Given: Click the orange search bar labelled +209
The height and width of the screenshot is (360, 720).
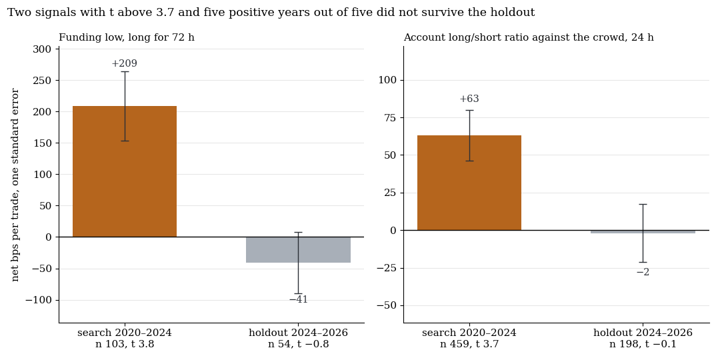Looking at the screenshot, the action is pyautogui.click(x=125, y=172).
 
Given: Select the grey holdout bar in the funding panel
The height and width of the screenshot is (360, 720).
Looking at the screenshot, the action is pyautogui.click(x=298, y=250).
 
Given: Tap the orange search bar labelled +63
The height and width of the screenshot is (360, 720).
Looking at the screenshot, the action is pyautogui.click(x=469, y=183).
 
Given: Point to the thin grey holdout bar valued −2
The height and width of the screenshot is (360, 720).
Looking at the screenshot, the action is pyautogui.click(x=643, y=231).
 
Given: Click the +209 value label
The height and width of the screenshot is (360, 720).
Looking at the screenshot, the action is pyautogui.click(x=125, y=63).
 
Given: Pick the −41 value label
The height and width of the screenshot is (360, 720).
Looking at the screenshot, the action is pyautogui.click(x=299, y=299).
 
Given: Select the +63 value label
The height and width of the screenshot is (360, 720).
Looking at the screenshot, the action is pyautogui.click(x=469, y=99).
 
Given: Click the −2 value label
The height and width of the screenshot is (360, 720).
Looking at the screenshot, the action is pyautogui.click(x=643, y=272).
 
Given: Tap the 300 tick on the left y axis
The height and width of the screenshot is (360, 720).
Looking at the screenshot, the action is pyautogui.click(x=43, y=49).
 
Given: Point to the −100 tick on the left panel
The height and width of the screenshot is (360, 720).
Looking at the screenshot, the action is pyautogui.click(x=39, y=300).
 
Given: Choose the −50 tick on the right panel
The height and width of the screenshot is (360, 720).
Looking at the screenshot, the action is pyautogui.click(x=387, y=305).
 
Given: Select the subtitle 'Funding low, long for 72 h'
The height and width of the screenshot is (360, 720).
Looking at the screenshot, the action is pyautogui.click(x=127, y=37).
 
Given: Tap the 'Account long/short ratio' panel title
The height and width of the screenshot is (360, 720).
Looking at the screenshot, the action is pyautogui.click(x=529, y=37).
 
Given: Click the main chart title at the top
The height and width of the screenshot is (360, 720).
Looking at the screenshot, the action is pyautogui.click(x=271, y=13).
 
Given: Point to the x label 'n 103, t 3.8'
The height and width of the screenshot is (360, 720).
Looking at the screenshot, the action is pyautogui.click(x=125, y=344).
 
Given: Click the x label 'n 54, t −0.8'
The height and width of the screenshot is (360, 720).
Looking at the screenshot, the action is pyautogui.click(x=299, y=344).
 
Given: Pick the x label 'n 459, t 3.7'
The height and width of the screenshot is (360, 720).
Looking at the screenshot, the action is pyautogui.click(x=469, y=344).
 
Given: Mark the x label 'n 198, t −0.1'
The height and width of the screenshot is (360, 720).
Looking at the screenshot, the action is pyautogui.click(x=643, y=344).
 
